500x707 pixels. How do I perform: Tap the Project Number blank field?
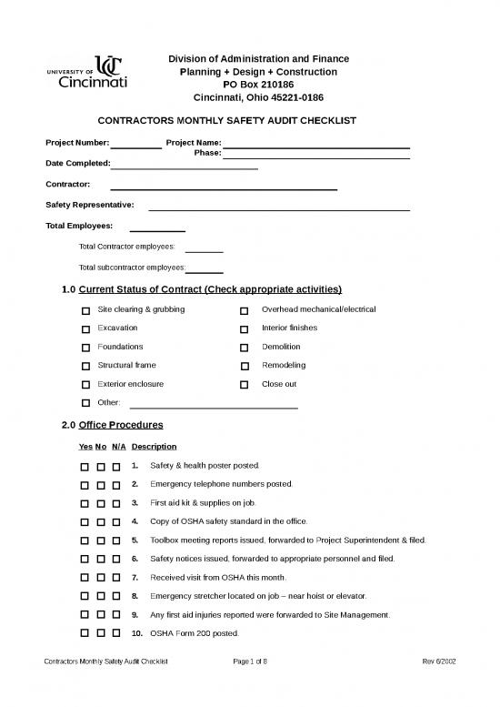click(136, 144)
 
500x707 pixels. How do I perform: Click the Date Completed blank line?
click(185, 165)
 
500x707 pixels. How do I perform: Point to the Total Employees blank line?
click(158, 227)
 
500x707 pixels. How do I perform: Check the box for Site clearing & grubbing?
click(85, 311)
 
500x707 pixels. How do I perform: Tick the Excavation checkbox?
click(85, 329)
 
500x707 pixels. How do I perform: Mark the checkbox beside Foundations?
click(85, 348)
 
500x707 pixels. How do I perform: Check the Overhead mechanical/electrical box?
click(244, 311)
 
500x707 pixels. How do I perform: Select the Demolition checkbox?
click(244, 348)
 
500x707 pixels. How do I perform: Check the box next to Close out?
click(244, 385)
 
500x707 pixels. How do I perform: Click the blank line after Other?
click(215, 404)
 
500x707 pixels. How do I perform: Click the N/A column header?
click(118, 447)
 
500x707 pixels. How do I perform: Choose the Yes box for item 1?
click(85, 466)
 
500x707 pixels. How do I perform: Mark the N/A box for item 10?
click(117, 633)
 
